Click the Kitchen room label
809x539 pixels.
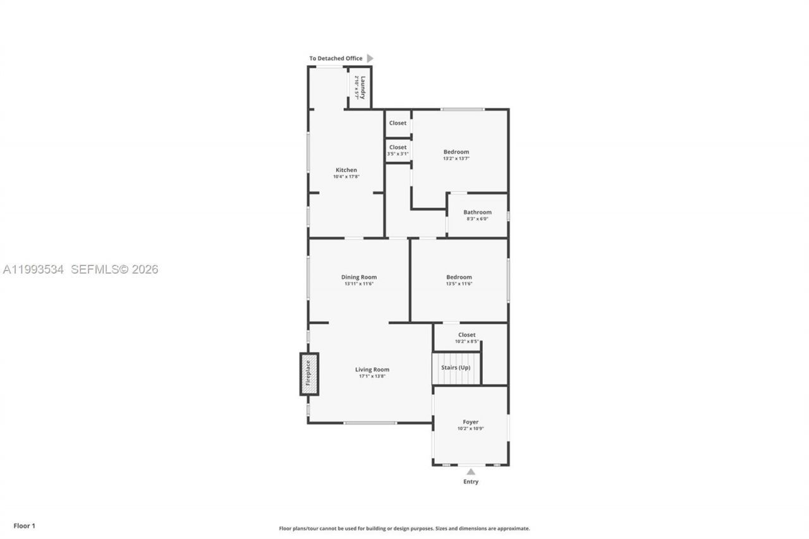click(x=346, y=170)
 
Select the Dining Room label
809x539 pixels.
click(x=359, y=277)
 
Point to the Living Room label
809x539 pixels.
click(x=372, y=370)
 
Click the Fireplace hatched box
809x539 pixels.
click(x=308, y=373)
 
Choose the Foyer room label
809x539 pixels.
click(x=470, y=422)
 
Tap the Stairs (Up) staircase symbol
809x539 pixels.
click(x=456, y=368)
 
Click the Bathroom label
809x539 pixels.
click(x=477, y=212)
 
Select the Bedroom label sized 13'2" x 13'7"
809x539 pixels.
click(x=456, y=152)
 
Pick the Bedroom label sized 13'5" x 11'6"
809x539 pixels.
click(x=459, y=277)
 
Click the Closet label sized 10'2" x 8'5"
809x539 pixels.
click(x=466, y=335)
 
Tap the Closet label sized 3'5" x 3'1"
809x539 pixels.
click(x=398, y=147)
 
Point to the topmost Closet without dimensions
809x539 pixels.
click(x=398, y=123)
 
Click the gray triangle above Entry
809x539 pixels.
click(x=470, y=471)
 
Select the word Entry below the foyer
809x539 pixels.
click(x=470, y=481)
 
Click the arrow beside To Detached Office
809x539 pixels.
click(x=370, y=58)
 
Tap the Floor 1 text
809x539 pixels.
click(x=25, y=526)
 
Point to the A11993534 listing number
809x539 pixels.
click(x=33, y=269)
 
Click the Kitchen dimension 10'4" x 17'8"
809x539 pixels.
click(x=346, y=177)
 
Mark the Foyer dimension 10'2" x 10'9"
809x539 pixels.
click(x=470, y=429)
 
